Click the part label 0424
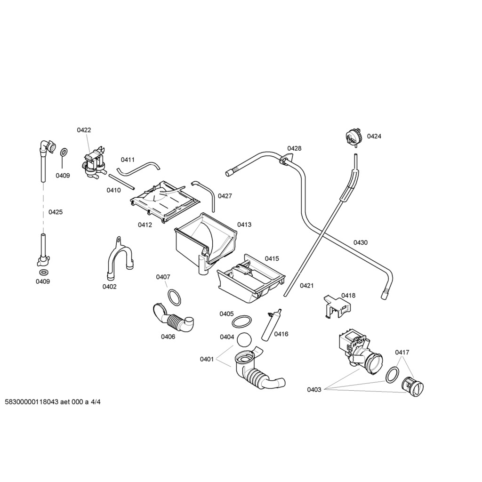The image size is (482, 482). coord(374,137)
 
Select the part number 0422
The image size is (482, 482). coord(84,130)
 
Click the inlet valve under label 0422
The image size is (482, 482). coord(94,163)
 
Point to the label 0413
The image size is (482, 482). coord(244,225)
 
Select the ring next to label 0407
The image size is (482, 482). coord(175,297)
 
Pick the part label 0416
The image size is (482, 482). coord(281,334)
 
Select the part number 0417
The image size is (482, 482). coord(402,352)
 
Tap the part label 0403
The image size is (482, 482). coord(314,389)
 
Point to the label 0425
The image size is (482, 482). coord(56,212)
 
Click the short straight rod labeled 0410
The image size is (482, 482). coord(122,181)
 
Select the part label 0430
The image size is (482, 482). coord(361,243)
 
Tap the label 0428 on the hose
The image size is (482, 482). coord(294,149)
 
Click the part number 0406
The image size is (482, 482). coord(168,337)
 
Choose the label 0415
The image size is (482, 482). coord(272,258)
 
